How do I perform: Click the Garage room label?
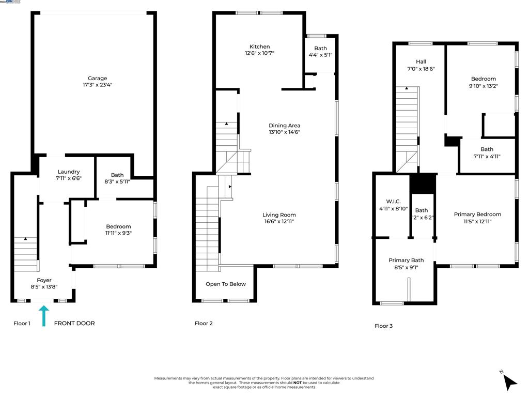click(x=97, y=79)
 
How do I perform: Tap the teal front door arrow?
click(x=44, y=315)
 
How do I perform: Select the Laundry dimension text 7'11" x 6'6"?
click(x=69, y=178)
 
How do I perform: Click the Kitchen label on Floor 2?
click(x=259, y=47)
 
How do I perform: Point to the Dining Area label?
click(x=284, y=126)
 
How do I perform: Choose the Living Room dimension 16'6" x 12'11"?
click(x=279, y=221)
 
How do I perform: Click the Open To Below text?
click(x=226, y=284)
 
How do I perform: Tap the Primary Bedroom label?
click(x=477, y=215)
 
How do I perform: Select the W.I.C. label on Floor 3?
click(x=393, y=202)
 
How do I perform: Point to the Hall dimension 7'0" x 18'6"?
click(x=421, y=68)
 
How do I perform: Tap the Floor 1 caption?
click(x=22, y=324)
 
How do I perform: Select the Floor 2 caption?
click(x=204, y=324)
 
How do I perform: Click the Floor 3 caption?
click(x=383, y=326)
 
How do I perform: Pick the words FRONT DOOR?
click(x=74, y=324)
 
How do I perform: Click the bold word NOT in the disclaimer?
click(x=298, y=383)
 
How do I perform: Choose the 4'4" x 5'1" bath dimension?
click(x=320, y=54)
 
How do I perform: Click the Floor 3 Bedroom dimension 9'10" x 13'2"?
click(x=483, y=86)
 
